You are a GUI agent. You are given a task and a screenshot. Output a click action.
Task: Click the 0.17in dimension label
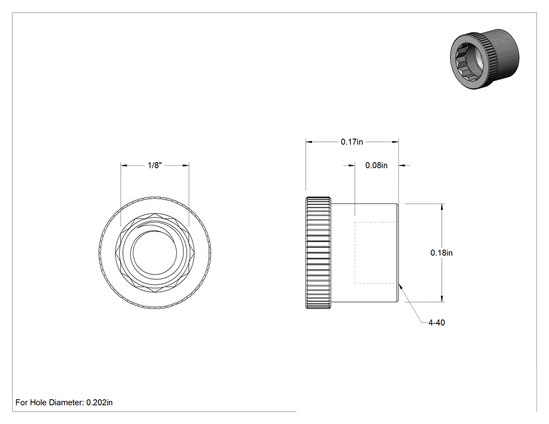click(352, 142)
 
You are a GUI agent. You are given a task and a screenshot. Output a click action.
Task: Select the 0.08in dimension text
click(376, 165)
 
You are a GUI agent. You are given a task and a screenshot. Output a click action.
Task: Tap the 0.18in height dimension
click(441, 253)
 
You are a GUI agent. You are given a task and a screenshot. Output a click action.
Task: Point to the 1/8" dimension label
click(155, 165)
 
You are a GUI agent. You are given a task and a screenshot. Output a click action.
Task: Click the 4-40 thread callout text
click(437, 323)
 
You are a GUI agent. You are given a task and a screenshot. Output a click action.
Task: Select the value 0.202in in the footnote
click(99, 403)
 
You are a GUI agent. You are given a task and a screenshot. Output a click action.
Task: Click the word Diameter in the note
click(66, 403)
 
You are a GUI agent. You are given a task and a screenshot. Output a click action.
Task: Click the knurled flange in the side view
click(318, 253)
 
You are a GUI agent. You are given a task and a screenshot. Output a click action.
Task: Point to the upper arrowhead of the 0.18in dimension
click(442, 207)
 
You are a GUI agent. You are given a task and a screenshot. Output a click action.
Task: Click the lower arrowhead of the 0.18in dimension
click(442, 299)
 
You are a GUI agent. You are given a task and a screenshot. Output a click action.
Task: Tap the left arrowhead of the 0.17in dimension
click(309, 142)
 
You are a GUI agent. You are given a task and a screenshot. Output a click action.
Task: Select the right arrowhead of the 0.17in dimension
click(395, 142)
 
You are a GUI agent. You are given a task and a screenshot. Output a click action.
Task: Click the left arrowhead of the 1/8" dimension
click(124, 165)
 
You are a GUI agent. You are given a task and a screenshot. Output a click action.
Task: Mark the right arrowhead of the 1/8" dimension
click(186, 165)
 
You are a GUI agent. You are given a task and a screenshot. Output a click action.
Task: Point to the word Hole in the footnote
click(38, 403)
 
